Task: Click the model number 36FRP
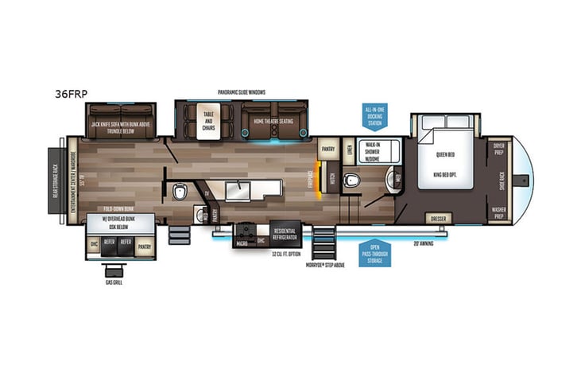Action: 72,93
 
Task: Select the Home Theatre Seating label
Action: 273,122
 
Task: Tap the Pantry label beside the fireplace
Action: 327,149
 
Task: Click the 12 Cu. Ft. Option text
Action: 284,254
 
